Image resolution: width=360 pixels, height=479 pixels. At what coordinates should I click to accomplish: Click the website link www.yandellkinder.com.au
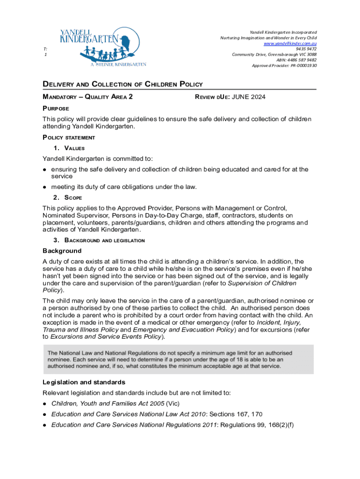tap(290, 43)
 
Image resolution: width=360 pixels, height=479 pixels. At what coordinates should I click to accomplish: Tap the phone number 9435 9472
tap(306, 49)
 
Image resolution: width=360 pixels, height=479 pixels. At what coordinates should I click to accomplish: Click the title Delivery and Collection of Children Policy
tap(122, 84)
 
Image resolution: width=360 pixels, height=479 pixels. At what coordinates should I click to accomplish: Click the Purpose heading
tap(56, 109)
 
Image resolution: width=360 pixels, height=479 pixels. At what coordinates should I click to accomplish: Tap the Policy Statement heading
tap(69, 138)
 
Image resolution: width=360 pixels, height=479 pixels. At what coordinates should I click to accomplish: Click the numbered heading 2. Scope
tap(67, 197)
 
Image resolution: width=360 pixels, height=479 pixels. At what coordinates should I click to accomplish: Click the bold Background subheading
tap(62, 251)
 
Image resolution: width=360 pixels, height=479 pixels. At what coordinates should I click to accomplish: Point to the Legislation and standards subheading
tap(84, 382)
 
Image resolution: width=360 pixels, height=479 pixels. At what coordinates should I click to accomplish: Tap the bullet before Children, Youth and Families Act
tap(44, 404)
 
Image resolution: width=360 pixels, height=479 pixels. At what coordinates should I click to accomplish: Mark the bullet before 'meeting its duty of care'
tap(44, 187)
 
